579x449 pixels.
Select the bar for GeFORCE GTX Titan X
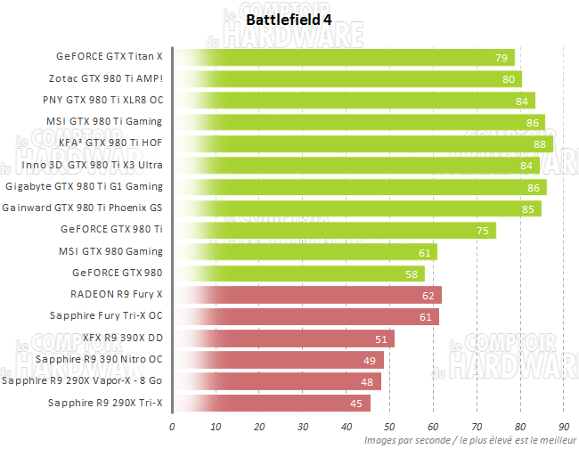(x=344, y=58)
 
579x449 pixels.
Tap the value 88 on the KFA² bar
(x=539, y=144)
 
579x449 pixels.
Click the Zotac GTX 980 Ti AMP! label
(x=112, y=79)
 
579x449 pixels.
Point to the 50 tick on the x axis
(x=389, y=425)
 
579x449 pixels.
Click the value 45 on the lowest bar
(x=356, y=404)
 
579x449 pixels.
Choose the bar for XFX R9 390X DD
(x=283, y=339)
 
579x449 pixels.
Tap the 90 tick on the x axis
(x=563, y=425)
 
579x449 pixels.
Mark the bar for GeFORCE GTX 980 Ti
(x=335, y=231)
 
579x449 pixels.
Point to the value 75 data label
(x=482, y=231)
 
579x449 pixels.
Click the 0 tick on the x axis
(x=172, y=425)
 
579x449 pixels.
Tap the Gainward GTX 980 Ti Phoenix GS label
(x=83, y=208)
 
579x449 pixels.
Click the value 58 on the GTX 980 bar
(x=411, y=273)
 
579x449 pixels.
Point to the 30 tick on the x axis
(x=303, y=425)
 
